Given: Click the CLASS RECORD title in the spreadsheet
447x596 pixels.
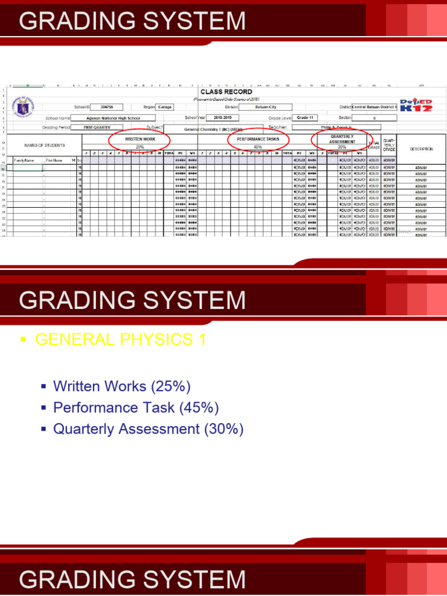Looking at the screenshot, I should pyautogui.click(x=226, y=92).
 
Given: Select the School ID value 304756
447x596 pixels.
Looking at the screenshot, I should pyautogui.click(x=107, y=107).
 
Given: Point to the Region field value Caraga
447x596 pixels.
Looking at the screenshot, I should pyautogui.click(x=165, y=107).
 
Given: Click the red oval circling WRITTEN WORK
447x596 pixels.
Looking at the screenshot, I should pyautogui.click(x=140, y=142).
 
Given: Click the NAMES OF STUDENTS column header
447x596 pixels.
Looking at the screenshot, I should pyautogui.click(x=44, y=145).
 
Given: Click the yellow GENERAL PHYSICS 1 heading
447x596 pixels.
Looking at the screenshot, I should pyautogui.click(x=120, y=340).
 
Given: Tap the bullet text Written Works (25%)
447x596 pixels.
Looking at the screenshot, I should pyautogui.click(x=122, y=386).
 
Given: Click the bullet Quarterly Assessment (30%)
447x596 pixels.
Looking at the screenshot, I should pyautogui.click(x=148, y=429).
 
